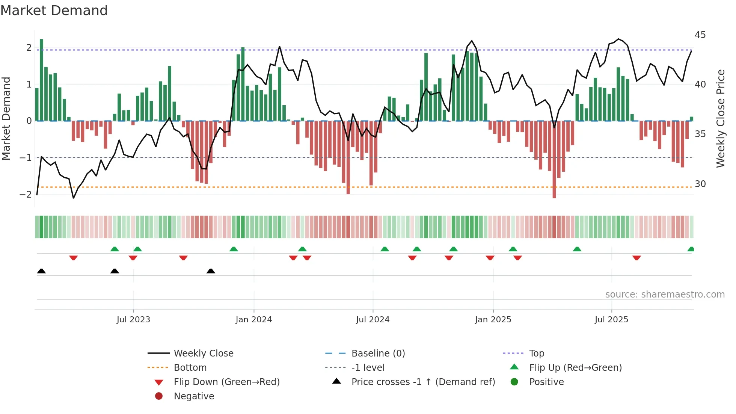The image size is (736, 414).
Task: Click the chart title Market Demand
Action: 54,11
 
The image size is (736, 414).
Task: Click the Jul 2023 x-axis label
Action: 133,320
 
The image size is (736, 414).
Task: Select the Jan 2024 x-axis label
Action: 253,320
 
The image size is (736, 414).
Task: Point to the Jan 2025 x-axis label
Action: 493,320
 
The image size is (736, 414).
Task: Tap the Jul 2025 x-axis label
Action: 611,320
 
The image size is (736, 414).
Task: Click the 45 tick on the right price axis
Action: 700,35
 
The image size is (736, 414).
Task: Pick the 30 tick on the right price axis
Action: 700,184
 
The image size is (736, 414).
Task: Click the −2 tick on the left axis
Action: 26,195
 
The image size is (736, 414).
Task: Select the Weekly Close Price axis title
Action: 720,118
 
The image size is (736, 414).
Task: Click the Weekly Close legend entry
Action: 203,354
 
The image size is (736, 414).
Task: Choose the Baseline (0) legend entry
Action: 378,354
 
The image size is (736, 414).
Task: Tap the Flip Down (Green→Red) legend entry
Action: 226,382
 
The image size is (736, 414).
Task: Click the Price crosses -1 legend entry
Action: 423,382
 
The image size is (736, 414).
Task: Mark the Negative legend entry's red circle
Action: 159,396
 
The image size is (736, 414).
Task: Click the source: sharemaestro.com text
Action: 665,295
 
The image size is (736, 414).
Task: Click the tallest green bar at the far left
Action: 41,80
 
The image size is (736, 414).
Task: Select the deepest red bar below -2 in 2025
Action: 554,159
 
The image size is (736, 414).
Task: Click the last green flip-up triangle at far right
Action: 691,249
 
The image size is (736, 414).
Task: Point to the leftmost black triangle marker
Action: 41,271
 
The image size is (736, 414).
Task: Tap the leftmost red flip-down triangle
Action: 74,258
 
